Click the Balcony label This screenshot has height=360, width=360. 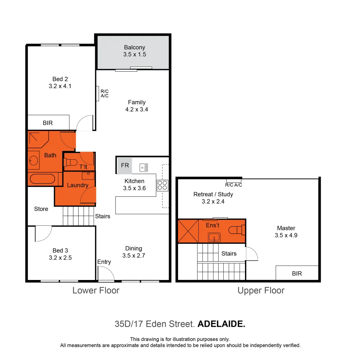pos(135,47)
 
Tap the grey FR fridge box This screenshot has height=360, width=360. pos(125,165)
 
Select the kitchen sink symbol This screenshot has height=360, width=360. pos(144,167)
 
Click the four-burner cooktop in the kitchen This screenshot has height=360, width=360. pos(162,185)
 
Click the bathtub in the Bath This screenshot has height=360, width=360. pos(42,179)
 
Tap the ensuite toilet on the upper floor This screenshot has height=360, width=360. pos(237,230)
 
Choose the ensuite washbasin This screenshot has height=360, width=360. pos(213,237)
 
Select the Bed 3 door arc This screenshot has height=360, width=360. pos(43,233)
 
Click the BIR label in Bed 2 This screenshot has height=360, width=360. pos(48,123)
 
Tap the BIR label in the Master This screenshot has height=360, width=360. pos(297,273)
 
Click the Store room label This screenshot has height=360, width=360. pos(41,209)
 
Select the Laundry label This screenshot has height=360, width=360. pos(78,185)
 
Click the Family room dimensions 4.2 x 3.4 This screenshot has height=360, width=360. pos(137,109)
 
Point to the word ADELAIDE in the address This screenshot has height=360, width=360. pos(221,324)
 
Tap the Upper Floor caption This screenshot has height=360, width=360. pos(261,291)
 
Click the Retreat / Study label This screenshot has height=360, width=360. pos(213,194)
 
